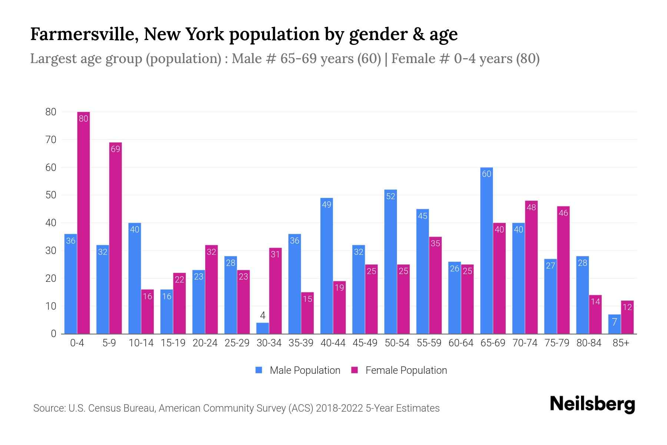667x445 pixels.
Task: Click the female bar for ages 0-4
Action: [83, 222]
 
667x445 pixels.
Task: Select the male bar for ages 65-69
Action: [486, 250]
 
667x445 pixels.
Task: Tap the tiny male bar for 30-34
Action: [262, 329]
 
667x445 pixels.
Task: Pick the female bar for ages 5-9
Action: [115, 237]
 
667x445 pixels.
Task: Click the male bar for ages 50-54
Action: [391, 261]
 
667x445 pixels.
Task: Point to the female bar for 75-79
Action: [563, 270]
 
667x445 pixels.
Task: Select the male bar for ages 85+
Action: [614, 324]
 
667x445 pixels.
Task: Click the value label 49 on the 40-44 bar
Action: [326, 205]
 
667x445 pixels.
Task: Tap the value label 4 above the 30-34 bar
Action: [262, 316]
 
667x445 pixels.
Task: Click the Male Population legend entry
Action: [298, 370]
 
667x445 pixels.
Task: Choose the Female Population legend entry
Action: [399, 370]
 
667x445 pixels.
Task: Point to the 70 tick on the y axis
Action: [51, 140]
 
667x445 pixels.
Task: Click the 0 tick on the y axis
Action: [54, 334]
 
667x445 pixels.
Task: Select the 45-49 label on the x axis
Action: [365, 343]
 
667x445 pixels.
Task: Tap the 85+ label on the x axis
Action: [621, 343]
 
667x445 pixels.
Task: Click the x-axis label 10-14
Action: [141, 343]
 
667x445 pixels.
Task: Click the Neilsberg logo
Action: [592, 404]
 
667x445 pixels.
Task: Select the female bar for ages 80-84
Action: [595, 314]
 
